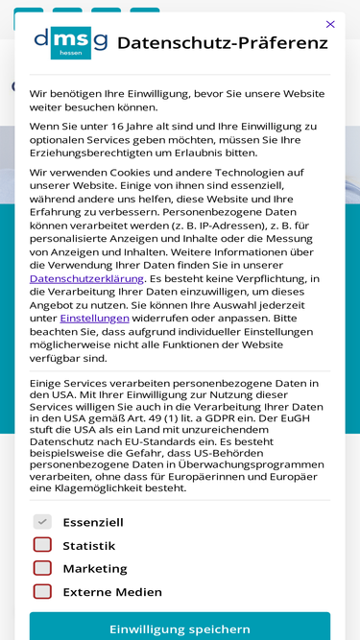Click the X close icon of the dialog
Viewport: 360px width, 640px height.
tap(330, 24)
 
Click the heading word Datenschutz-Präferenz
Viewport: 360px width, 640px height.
tap(222, 43)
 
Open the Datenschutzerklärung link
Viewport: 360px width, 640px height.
tap(86, 278)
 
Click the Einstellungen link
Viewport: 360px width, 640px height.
tap(94, 318)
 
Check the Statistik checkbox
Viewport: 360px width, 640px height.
tap(42, 545)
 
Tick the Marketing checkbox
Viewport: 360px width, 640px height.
tap(42, 568)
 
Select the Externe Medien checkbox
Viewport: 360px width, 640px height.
tap(42, 592)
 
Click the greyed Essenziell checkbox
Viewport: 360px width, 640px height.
tap(42, 522)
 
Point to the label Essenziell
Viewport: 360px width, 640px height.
tap(93, 523)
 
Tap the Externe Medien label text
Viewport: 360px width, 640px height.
tap(112, 592)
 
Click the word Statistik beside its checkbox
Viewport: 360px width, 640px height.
tap(89, 546)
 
